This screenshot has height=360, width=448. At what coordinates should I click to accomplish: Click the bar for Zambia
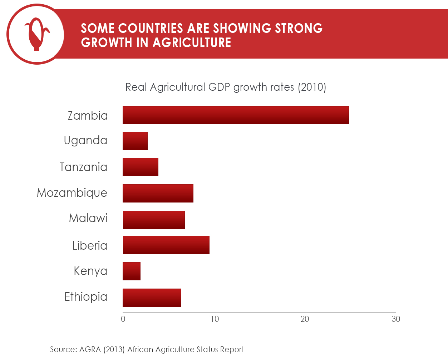point(236,115)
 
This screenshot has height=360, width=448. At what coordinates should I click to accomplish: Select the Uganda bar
point(135,141)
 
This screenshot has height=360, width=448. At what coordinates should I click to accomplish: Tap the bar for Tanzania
point(141,167)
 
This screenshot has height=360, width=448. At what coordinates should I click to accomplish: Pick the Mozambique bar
point(158,193)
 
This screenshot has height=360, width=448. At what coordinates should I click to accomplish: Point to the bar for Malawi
point(154,220)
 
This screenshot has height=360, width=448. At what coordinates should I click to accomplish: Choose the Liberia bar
point(166,245)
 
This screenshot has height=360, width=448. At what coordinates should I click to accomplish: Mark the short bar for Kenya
point(132,271)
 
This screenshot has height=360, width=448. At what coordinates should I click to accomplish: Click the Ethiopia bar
point(152,297)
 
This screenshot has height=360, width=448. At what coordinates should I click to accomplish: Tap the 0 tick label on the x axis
point(123,319)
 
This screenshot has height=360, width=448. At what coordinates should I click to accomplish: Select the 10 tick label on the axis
point(215,319)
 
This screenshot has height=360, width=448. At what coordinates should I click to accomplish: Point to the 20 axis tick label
point(305,319)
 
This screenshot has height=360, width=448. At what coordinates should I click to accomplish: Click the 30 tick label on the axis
point(396,319)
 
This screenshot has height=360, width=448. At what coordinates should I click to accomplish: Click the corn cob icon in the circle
point(36,34)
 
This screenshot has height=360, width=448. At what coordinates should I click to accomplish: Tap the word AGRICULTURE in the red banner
point(192,42)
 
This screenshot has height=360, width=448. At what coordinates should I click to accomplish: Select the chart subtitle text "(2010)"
point(312,87)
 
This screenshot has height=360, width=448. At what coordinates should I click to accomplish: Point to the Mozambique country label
point(72,193)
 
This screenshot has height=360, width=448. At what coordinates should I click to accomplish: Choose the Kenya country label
point(90,271)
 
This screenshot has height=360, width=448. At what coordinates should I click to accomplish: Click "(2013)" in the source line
point(114,349)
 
